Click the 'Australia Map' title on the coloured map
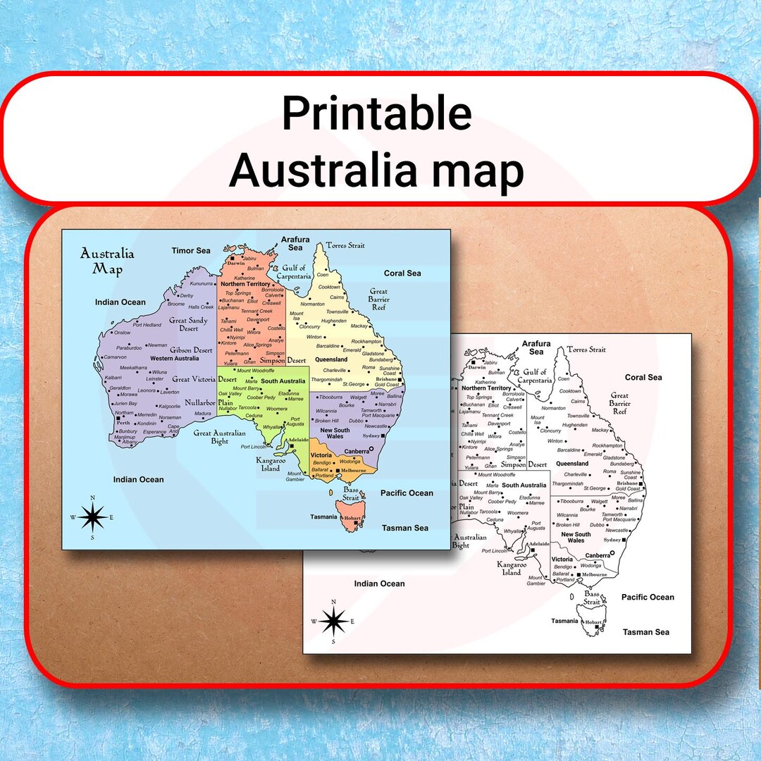tap(107, 261)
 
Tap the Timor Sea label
tap(191, 250)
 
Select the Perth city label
tap(123, 423)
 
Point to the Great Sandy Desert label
tap(188, 325)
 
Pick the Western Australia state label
tap(175, 359)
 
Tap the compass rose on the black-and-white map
tap(333, 621)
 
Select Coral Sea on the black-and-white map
tap(643, 377)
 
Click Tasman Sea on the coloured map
tap(405, 528)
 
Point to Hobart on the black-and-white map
tap(593, 622)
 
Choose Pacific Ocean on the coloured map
tap(407, 493)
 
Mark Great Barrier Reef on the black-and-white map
tap(619, 403)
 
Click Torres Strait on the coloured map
tap(345, 245)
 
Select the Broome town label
tap(175, 304)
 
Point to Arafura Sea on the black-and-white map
tap(536, 347)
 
